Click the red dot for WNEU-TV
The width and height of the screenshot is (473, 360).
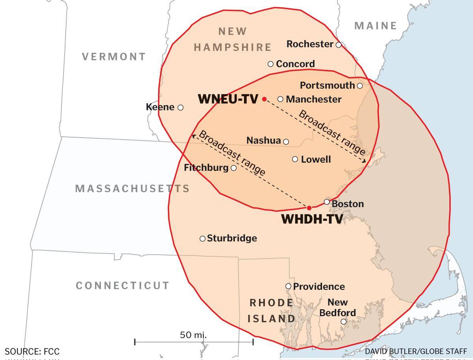[264, 99]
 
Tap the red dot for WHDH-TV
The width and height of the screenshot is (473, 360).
[309, 208]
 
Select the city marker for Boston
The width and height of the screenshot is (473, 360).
[327, 202]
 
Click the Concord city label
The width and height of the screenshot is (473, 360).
[295, 64]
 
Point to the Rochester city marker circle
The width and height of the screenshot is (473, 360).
[339, 45]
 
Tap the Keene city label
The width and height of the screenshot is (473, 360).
[160, 107]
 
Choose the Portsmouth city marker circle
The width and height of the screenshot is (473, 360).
[359, 86]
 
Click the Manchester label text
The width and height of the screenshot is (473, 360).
[313, 99]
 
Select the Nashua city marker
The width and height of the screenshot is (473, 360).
[286, 142]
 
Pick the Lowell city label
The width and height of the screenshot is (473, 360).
[316, 159]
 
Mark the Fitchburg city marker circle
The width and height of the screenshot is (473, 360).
[234, 168]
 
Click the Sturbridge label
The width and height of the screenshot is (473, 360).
[232, 238]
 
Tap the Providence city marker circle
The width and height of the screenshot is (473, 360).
[288, 286]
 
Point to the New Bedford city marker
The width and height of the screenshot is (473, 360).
[343, 322]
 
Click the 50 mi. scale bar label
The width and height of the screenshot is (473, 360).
[193, 335]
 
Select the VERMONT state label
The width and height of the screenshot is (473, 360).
[114, 57]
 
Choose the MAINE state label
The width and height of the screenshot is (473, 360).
[376, 26]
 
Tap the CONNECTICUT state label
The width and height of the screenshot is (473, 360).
[123, 285]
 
